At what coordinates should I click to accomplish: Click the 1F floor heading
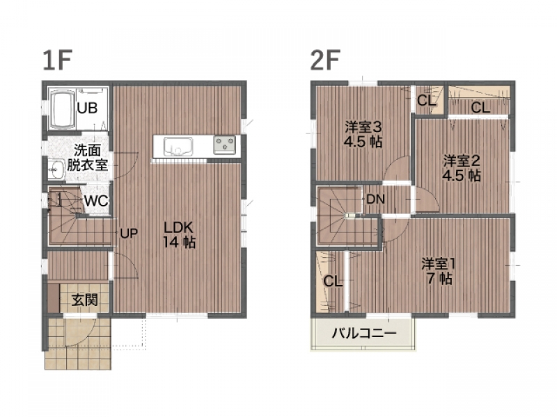click(x=57, y=60)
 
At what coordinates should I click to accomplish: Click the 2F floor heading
click(x=325, y=60)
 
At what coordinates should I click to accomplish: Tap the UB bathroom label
click(x=87, y=108)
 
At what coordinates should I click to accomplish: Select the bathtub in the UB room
click(x=63, y=109)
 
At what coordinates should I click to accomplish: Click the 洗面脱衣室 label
click(x=87, y=158)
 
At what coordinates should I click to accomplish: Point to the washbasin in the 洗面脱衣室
click(x=56, y=170)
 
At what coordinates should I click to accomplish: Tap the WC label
click(x=96, y=201)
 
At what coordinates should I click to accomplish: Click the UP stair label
click(x=129, y=234)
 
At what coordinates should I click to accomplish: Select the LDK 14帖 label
click(x=179, y=234)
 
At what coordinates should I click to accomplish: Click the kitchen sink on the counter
click(x=178, y=147)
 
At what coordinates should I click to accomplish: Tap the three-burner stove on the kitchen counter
click(x=224, y=145)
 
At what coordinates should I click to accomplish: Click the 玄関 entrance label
click(x=85, y=300)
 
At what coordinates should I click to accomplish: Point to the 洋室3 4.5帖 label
click(x=363, y=134)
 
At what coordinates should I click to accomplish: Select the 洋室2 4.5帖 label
click(x=462, y=168)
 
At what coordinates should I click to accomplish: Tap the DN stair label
click(x=375, y=199)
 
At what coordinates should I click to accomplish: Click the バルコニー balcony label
click(x=363, y=333)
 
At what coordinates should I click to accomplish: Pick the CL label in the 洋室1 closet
click(x=333, y=281)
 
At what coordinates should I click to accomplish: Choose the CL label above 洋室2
click(x=480, y=108)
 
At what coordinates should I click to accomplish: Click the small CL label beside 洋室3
click(x=426, y=101)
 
